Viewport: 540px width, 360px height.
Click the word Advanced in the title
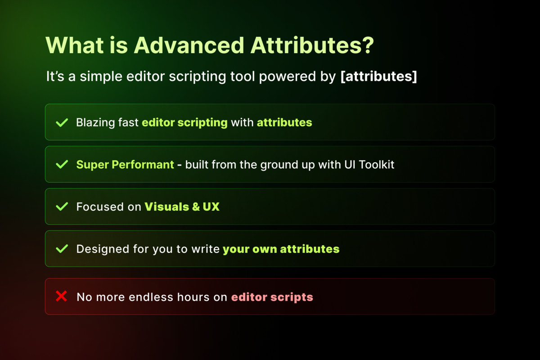(x=189, y=45)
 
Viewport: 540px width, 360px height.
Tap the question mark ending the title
(x=367, y=45)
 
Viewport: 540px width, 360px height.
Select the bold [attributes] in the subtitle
(x=379, y=76)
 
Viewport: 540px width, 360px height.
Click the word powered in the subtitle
(x=288, y=77)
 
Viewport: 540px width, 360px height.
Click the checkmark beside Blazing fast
(x=62, y=122)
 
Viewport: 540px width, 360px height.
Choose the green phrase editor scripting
(x=184, y=123)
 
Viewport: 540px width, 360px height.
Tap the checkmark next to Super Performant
(x=62, y=164)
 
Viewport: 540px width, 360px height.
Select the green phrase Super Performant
(x=125, y=165)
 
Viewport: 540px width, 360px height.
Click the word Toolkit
(x=377, y=164)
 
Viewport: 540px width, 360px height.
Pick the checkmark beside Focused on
(x=62, y=207)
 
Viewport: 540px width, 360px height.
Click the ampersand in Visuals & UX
(x=196, y=207)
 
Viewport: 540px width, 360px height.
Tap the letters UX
(x=211, y=207)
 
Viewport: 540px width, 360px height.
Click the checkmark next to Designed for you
(x=62, y=249)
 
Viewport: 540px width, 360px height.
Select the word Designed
(x=103, y=249)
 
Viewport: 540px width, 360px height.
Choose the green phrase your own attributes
(x=281, y=249)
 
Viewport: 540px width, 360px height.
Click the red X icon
(x=62, y=296)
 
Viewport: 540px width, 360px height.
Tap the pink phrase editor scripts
(x=272, y=297)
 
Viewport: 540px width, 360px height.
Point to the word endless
(x=151, y=297)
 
